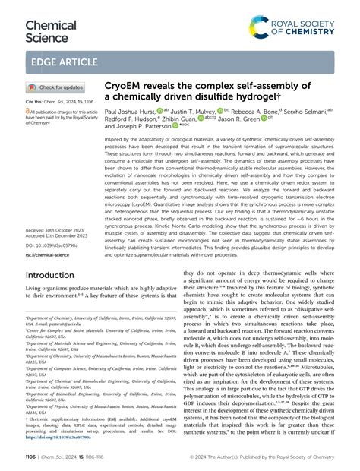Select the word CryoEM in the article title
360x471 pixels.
pyautogui.click(x=123, y=86)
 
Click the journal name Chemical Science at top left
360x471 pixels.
pyautogui.click(x=51, y=31)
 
